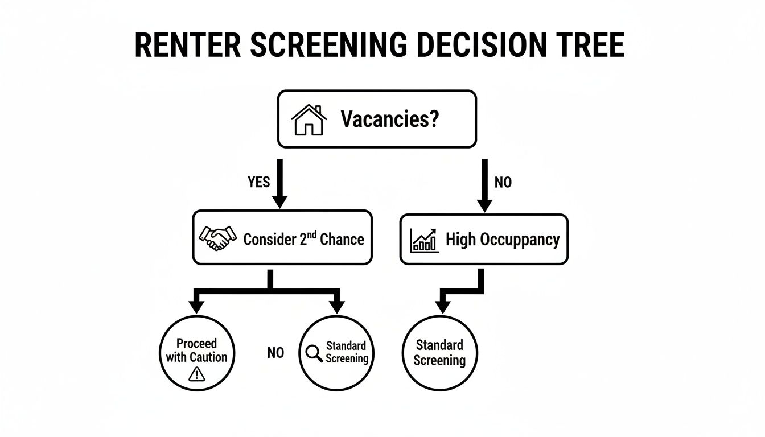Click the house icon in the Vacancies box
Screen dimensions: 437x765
point(309,119)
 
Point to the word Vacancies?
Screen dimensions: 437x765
point(390,119)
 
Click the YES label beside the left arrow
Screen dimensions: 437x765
point(259,182)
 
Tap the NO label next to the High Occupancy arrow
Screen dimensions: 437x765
point(503,182)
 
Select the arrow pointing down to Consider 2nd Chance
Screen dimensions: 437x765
point(279,185)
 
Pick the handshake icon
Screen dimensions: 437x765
point(217,238)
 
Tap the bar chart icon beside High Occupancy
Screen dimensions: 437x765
point(424,240)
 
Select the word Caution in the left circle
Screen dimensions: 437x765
point(204,357)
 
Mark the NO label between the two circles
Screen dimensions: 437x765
point(275,353)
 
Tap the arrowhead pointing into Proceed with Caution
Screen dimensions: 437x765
point(196,306)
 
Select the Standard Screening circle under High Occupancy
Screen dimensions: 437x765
point(439,353)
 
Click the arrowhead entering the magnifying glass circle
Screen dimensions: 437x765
point(337,306)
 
